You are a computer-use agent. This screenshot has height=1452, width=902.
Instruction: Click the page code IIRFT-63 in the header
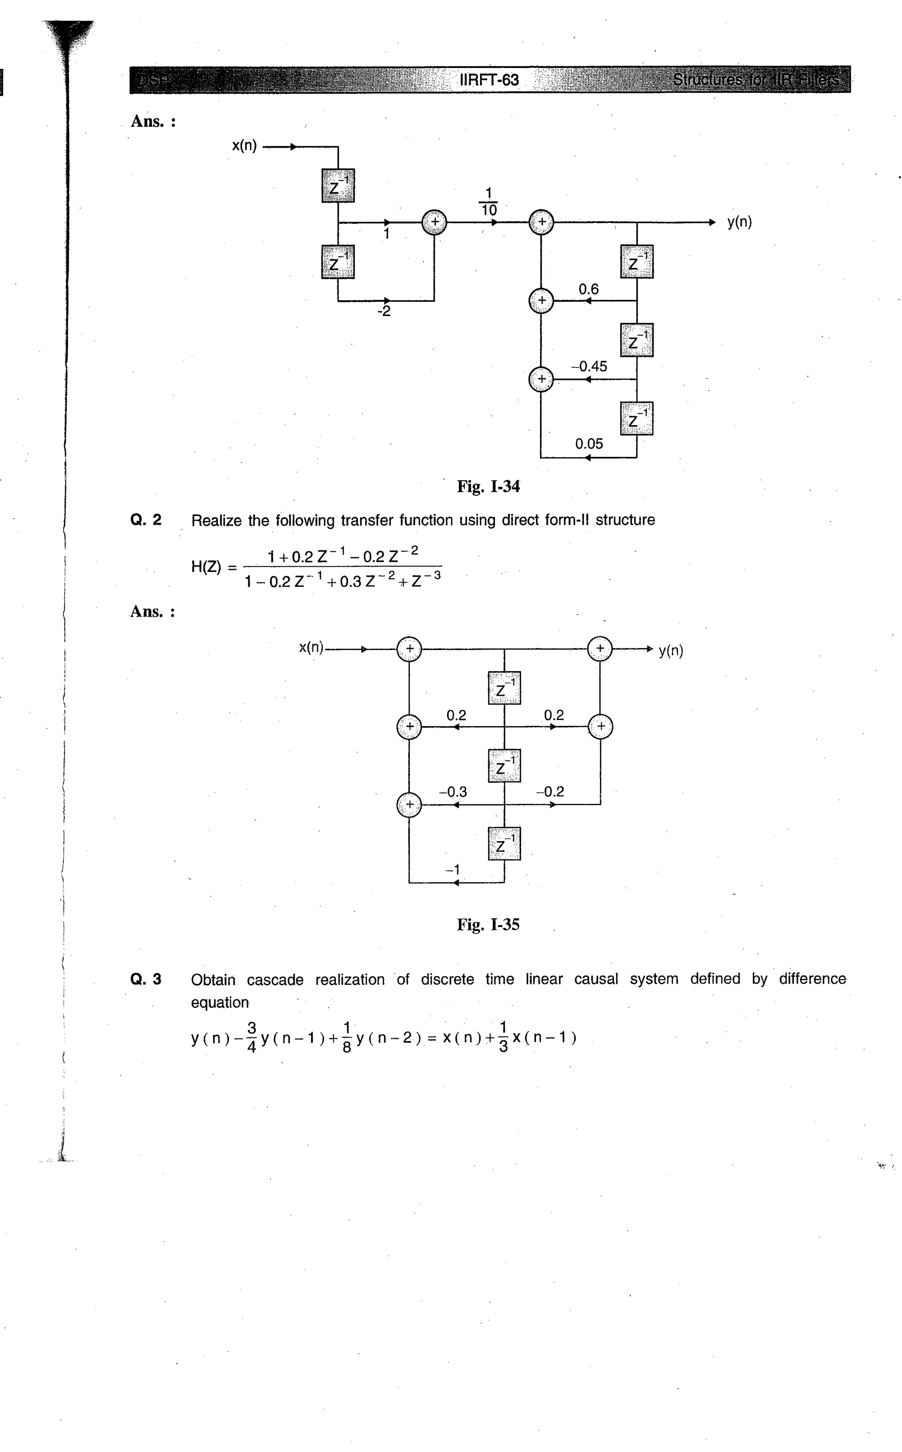pyautogui.click(x=489, y=80)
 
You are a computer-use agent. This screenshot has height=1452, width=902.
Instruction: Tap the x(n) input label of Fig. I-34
pyautogui.click(x=244, y=145)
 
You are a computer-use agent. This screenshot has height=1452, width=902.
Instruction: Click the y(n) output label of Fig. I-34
pyautogui.click(x=739, y=222)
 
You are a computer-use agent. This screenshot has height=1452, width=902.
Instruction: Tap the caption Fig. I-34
pyautogui.click(x=488, y=487)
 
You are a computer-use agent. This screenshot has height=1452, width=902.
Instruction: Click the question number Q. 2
pyautogui.click(x=145, y=520)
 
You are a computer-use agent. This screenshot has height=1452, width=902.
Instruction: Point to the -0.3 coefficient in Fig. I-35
pyautogui.click(x=453, y=792)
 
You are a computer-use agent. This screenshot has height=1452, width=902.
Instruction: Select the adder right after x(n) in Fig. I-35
pyautogui.click(x=409, y=649)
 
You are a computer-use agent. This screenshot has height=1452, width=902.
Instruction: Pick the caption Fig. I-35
pyautogui.click(x=488, y=925)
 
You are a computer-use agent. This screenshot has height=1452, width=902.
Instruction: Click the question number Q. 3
pyautogui.click(x=145, y=979)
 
